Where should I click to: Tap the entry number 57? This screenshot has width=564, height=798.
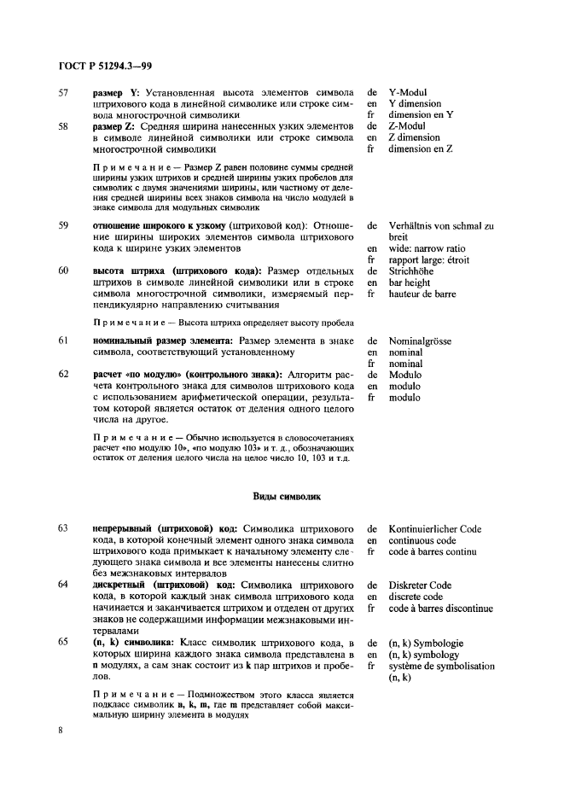coord(63,91)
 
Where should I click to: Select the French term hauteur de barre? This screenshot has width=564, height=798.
coord(422,294)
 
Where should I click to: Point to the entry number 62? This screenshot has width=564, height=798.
coord(63,374)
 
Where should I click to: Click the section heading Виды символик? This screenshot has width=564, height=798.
coord(282,495)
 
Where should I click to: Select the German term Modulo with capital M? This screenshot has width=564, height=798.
coord(405,374)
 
